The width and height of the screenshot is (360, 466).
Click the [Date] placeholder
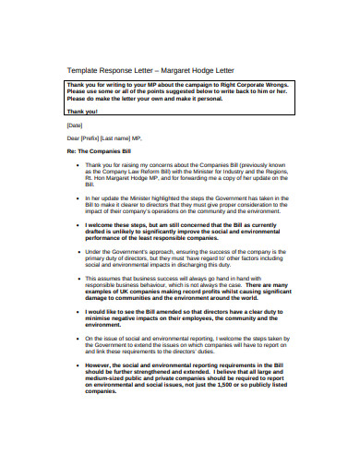pos(75,124)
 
